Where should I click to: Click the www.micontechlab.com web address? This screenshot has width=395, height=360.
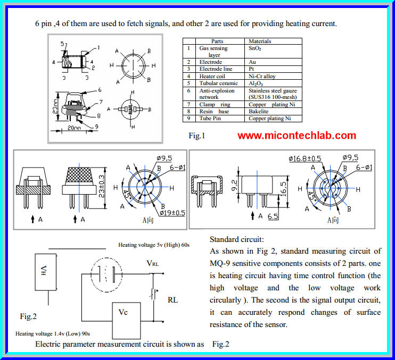pos(297,136)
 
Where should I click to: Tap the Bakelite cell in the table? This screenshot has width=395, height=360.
pos(259,112)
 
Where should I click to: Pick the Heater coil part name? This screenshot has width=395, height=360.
pos(212,76)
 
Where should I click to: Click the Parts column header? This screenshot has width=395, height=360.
pos(217,41)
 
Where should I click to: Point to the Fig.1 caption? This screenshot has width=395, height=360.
pos(196,136)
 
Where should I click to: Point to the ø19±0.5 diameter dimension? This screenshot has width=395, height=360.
pos(170,213)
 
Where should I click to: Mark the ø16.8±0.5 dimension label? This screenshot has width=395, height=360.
pos(305,158)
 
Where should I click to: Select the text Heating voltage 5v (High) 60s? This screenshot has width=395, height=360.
pos(154,245)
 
